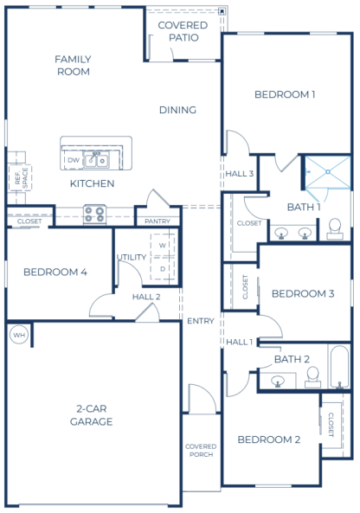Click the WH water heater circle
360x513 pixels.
coord(19,335)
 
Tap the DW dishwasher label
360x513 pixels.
coord(74,160)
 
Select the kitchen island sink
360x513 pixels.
coord(96,160)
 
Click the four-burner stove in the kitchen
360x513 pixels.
coord(94,215)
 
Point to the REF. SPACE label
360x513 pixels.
coord(22,178)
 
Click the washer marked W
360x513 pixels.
coord(163,245)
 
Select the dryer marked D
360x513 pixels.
coord(163,268)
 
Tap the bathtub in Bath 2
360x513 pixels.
coord(339,367)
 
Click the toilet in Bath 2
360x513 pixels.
coord(313,377)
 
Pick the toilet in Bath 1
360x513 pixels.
coord(335,228)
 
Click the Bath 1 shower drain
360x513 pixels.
coord(328,172)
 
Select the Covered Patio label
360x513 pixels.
coord(183,31)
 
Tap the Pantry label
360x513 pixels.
coord(157,221)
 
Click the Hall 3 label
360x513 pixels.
coord(240,173)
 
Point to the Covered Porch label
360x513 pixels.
coord(201,450)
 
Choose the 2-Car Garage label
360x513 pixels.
coord(92,415)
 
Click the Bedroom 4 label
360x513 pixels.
coord(55,272)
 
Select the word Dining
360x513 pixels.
coord(177,110)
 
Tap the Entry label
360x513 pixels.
coord(201,321)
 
